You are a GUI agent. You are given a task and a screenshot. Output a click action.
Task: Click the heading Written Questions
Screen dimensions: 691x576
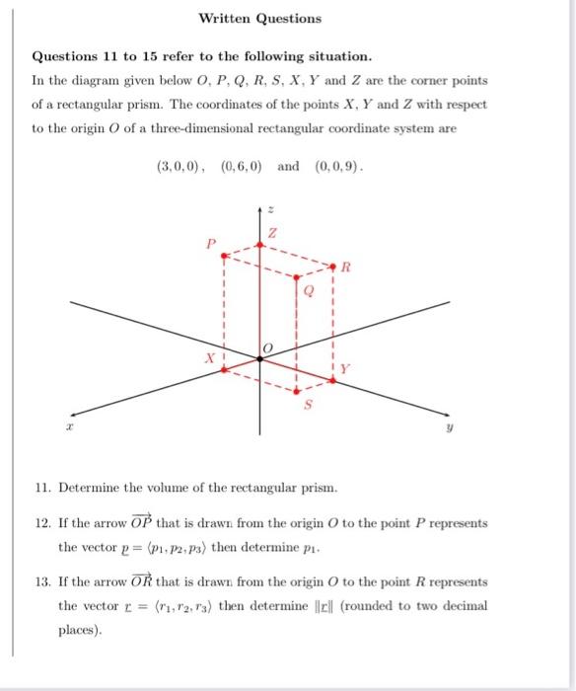point(259,18)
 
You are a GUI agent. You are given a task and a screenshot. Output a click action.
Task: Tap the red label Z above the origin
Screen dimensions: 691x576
point(274,233)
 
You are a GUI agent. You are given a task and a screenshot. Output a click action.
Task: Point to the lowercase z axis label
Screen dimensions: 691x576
point(273,210)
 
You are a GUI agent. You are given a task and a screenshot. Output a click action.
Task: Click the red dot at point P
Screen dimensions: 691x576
point(225,254)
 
